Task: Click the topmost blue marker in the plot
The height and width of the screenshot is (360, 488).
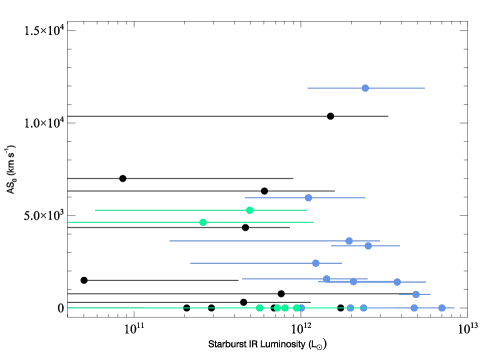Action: pyautogui.click(x=365, y=88)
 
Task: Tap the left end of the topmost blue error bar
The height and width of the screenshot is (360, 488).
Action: pyautogui.click(x=307, y=88)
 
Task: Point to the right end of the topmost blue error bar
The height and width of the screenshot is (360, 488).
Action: pyautogui.click(x=425, y=88)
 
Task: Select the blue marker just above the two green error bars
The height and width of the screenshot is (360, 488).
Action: pyautogui.click(x=308, y=198)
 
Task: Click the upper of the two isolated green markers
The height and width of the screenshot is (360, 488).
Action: pyautogui.click(x=249, y=210)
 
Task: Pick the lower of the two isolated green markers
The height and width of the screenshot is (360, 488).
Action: pyautogui.click(x=203, y=222)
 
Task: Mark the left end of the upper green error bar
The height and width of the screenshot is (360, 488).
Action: pyautogui.click(x=95, y=210)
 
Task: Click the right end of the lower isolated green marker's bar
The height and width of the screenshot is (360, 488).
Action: pyautogui.click(x=313, y=222)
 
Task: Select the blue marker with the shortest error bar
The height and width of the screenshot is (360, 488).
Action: pyautogui.click(x=416, y=294)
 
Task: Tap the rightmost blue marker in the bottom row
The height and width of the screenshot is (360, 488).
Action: pyautogui.click(x=442, y=308)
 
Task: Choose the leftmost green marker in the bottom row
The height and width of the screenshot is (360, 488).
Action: pyautogui.click(x=259, y=308)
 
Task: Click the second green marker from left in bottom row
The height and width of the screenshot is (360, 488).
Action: pyautogui.click(x=278, y=308)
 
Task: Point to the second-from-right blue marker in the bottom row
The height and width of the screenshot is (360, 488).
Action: pyautogui.click(x=414, y=308)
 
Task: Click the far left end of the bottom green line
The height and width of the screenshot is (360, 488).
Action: pyautogui.click(x=68, y=308)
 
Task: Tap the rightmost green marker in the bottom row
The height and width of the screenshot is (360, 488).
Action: pyautogui.click(x=296, y=308)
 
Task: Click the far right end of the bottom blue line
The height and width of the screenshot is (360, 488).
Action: pyautogui.click(x=455, y=308)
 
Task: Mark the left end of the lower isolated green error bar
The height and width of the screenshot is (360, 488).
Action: pyautogui.click(x=68, y=222)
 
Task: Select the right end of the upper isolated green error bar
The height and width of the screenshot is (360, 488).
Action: pyautogui.click(x=307, y=210)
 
